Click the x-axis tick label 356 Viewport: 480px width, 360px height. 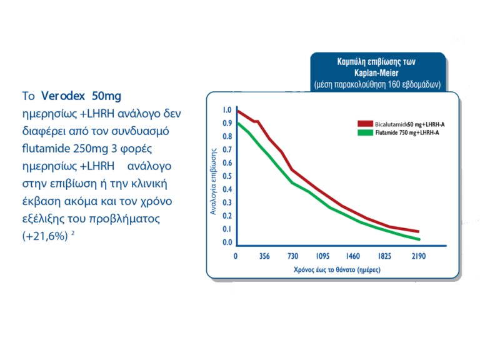[x=264, y=256]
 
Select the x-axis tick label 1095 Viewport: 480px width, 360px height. [x=323, y=256]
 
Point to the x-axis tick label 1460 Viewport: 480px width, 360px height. [x=354, y=256]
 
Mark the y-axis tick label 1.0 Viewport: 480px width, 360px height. [x=227, y=111]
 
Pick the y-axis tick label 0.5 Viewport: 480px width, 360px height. [x=227, y=176]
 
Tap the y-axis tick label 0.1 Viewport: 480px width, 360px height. [x=227, y=229]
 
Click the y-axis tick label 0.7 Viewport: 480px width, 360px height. [x=227, y=150]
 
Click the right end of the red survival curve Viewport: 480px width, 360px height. [x=419, y=232]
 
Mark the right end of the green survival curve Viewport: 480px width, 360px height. [x=419, y=239]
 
